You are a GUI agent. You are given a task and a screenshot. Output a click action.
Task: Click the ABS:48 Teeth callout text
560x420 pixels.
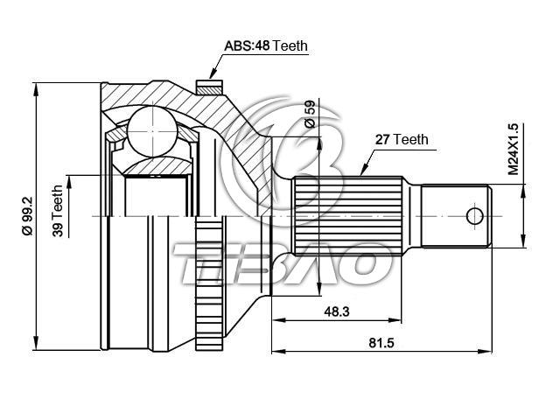click(266, 46)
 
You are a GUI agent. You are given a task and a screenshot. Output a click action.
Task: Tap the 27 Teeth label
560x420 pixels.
click(402, 139)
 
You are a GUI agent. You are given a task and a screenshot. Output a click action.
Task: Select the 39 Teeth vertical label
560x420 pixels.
click(57, 211)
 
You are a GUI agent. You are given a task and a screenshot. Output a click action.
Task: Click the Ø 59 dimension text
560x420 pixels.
click(310, 114)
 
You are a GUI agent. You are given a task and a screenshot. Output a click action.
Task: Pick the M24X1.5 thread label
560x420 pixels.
click(513, 149)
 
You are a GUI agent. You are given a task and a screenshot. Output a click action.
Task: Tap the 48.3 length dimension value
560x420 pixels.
click(336, 311)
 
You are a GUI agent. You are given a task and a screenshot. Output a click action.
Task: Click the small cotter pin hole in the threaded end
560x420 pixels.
click(474, 216)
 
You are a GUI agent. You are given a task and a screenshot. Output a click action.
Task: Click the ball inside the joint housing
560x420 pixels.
click(152, 130)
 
